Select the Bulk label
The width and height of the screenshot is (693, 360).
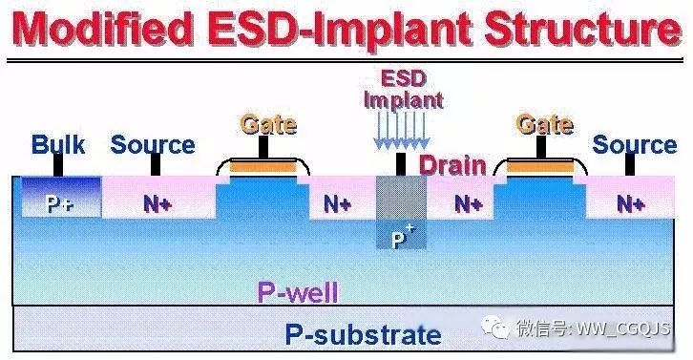pyautogui.click(x=58, y=145)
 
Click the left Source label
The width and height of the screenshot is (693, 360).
pyautogui.click(x=152, y=145)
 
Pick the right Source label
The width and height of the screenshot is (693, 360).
pyautogui.click(x=634, y=145)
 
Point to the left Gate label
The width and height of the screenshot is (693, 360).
pyautogui.click(x=267, y=125)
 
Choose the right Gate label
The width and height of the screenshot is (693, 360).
pyautogui.click(x=543, y=125)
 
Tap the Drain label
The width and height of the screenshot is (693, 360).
pyautogui.click(x=453, y=165)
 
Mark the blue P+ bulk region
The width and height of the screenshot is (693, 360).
pyautogui.click(x=59, y=200)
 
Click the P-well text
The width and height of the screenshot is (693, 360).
pyautogui.click(x=298, y=292)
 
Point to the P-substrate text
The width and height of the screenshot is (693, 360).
pyautogui.click(x=364, y=334)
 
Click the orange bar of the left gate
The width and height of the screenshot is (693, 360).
pyautogui.click(x=262, y=169)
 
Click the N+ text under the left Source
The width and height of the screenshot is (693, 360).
pyautogui.click(x=157, y=203)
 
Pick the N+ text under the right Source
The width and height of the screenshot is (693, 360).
pyautogui.click(x=629, y=203)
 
